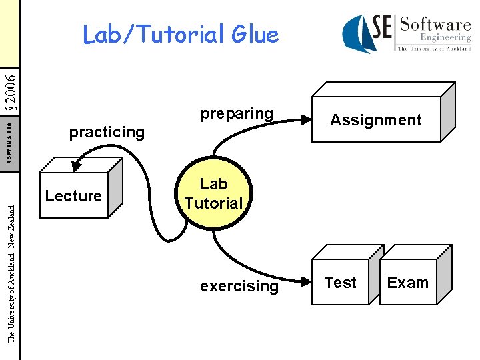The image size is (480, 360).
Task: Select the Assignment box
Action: pyautogui.click(x=376, y=120)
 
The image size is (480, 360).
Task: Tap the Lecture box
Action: pyautogui.click(x=73, y=196)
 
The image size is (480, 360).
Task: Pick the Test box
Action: pyautogui.click(x=341, y=283)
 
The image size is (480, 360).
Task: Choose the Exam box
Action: pyautogui.click(x=407, y=283)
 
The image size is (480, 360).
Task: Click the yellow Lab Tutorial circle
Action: pyautogui.click(x=213, y=193)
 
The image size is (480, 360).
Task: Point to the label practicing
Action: pyautogui.click(x=107, y=132)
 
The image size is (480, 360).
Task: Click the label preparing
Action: pyautogui.click(x=237, y=113)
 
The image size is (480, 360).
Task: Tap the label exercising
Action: pyautogui.click(x=239, y=286)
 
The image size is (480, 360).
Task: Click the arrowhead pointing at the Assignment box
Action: pyautogui.click(x=306, y=120)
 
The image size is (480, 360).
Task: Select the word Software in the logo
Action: pyautogui.click(x=435, y=25)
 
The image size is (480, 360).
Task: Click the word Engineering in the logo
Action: pyautogui.click(x=445, y=38)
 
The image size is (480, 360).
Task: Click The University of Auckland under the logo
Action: pyautogui.click(x=434, y=49)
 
